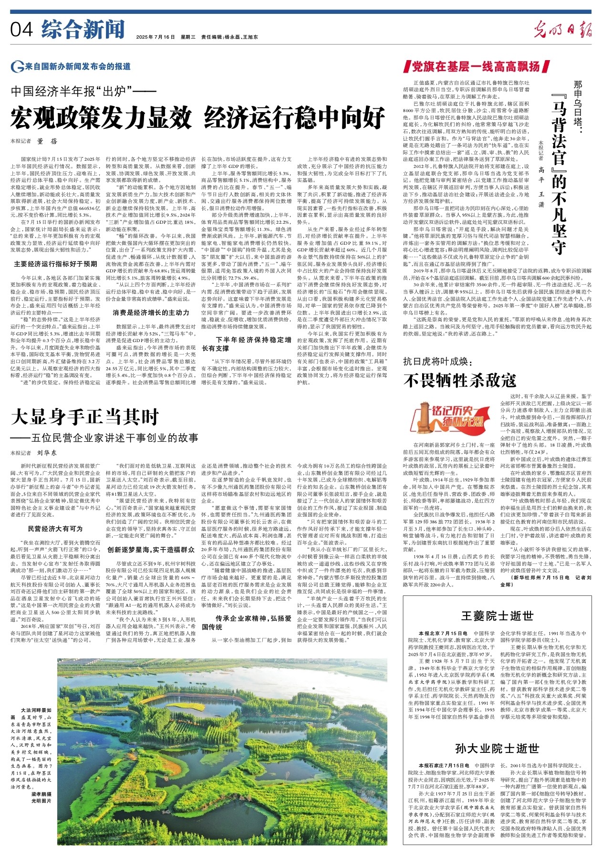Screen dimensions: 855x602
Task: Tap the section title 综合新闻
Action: point(83,30)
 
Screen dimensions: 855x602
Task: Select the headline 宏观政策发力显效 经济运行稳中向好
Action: point(198,118)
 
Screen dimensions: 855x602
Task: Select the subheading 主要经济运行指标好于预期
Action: point(55,263)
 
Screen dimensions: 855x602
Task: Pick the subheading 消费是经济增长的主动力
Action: point(151,313)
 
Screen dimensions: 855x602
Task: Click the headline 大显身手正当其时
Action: point(85,417)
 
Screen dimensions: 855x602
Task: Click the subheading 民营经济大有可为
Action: point(55,529)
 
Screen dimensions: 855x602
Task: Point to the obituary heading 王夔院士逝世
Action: point(497,616)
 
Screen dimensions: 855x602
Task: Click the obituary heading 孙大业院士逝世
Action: point(497,748)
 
